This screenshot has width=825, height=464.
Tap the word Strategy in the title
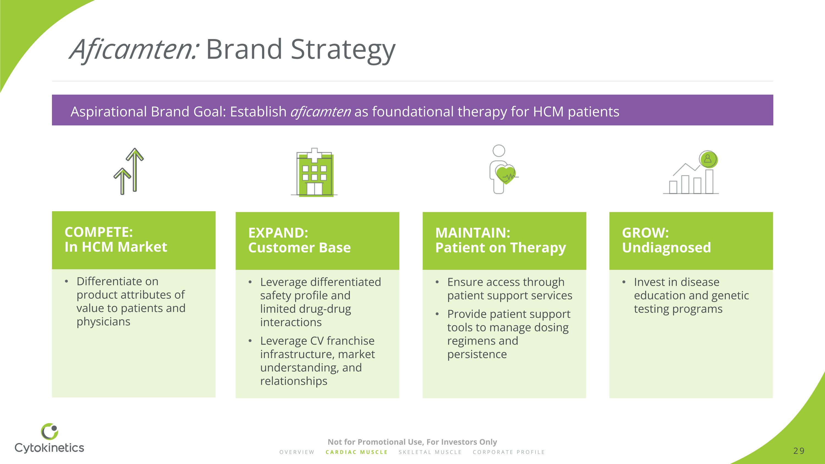point(343,51)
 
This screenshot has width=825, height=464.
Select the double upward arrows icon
point(129,171)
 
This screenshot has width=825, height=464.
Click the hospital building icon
point(314,172)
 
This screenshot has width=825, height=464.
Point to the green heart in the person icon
point(505,175)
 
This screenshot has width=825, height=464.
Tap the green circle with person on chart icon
point(708,159)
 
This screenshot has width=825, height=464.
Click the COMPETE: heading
point(99,232)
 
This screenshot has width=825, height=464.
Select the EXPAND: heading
point(278,233)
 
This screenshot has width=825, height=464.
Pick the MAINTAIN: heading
point(473,233)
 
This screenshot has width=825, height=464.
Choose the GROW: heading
point(645,233)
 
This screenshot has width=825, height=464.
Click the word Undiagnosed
point(667,248)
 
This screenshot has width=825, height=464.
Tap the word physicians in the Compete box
point(103,322)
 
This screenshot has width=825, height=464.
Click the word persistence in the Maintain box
point(477,355)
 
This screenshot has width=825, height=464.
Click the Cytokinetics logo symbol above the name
point(50,431)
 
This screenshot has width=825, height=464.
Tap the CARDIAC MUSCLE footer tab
point(356,452)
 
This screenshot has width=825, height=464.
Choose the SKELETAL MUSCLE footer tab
point(430,452)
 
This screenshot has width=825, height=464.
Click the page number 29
point(799,451)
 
